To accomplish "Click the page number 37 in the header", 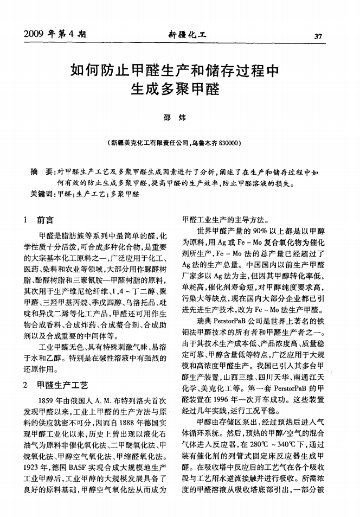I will pyautogui.click(x=318, y=36).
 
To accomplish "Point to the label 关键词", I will pyautogui.click(x=42, y=193).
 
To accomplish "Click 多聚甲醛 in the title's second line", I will pyautogui.click(x=190, y=87).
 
